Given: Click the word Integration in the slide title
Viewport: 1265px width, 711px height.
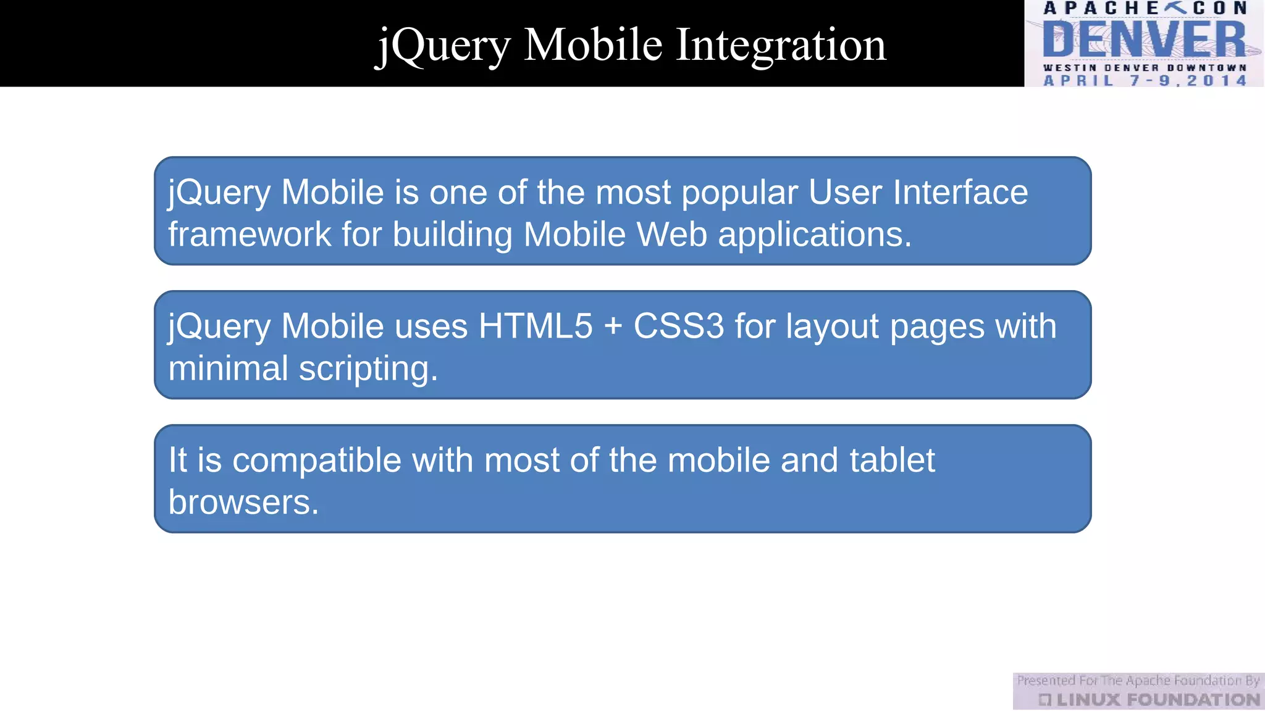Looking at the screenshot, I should coord(781,46).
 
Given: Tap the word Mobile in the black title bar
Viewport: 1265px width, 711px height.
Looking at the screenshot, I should coord(593,44).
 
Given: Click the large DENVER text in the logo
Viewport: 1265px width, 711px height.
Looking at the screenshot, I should coord(1145,39).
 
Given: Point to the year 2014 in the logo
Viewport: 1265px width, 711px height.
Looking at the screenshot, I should coord(1217,81).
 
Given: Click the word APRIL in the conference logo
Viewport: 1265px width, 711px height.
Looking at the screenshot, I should coord(1078,81).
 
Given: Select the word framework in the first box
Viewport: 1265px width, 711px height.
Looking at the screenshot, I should coord(250,235).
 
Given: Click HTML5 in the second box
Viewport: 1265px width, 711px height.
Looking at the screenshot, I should coord(535,326).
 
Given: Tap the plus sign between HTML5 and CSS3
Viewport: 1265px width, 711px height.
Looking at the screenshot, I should coord(613,326).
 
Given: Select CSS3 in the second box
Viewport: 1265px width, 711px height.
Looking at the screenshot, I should coord(678,326).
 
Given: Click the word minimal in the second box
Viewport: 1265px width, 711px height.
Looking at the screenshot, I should coord(228,368).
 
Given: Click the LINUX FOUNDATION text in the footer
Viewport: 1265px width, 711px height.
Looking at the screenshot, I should coord(1157,700).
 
